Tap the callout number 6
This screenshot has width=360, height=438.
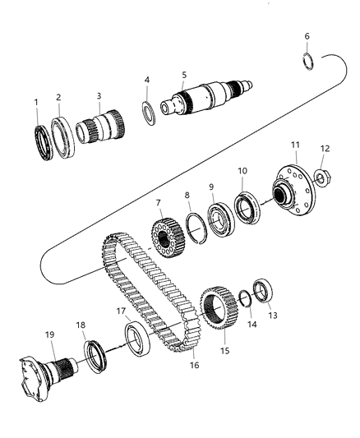(307, 36)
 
